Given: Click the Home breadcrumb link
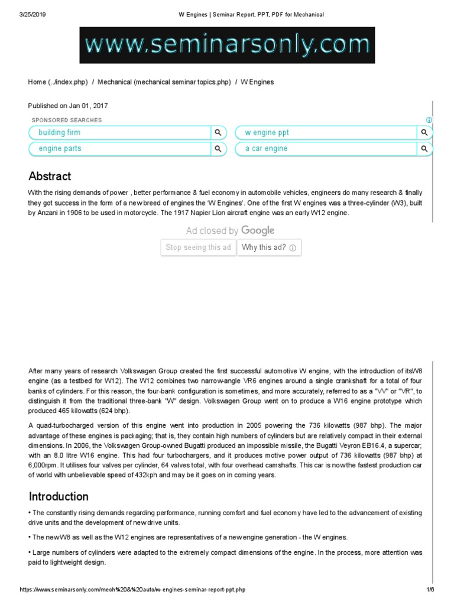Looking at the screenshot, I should click(37, 82).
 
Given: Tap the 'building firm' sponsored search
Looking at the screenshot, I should click(60, 132).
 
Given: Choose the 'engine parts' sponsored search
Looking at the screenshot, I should click(60, 148).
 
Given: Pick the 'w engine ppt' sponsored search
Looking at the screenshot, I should click(267, 132).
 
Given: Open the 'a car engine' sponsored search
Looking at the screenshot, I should click(267, 148).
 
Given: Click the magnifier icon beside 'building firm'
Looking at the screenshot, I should click(218, 132).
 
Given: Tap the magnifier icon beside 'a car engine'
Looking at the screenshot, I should click(424, 148).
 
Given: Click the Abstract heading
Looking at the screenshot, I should click(50, 176).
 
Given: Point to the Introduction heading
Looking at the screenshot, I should click(59, 496).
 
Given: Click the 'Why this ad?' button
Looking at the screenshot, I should click(269, 248).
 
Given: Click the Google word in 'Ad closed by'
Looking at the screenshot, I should click(258, 230).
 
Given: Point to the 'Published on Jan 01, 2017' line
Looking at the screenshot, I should click(68, 106).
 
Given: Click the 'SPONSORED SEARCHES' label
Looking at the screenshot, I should click(66, 120).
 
